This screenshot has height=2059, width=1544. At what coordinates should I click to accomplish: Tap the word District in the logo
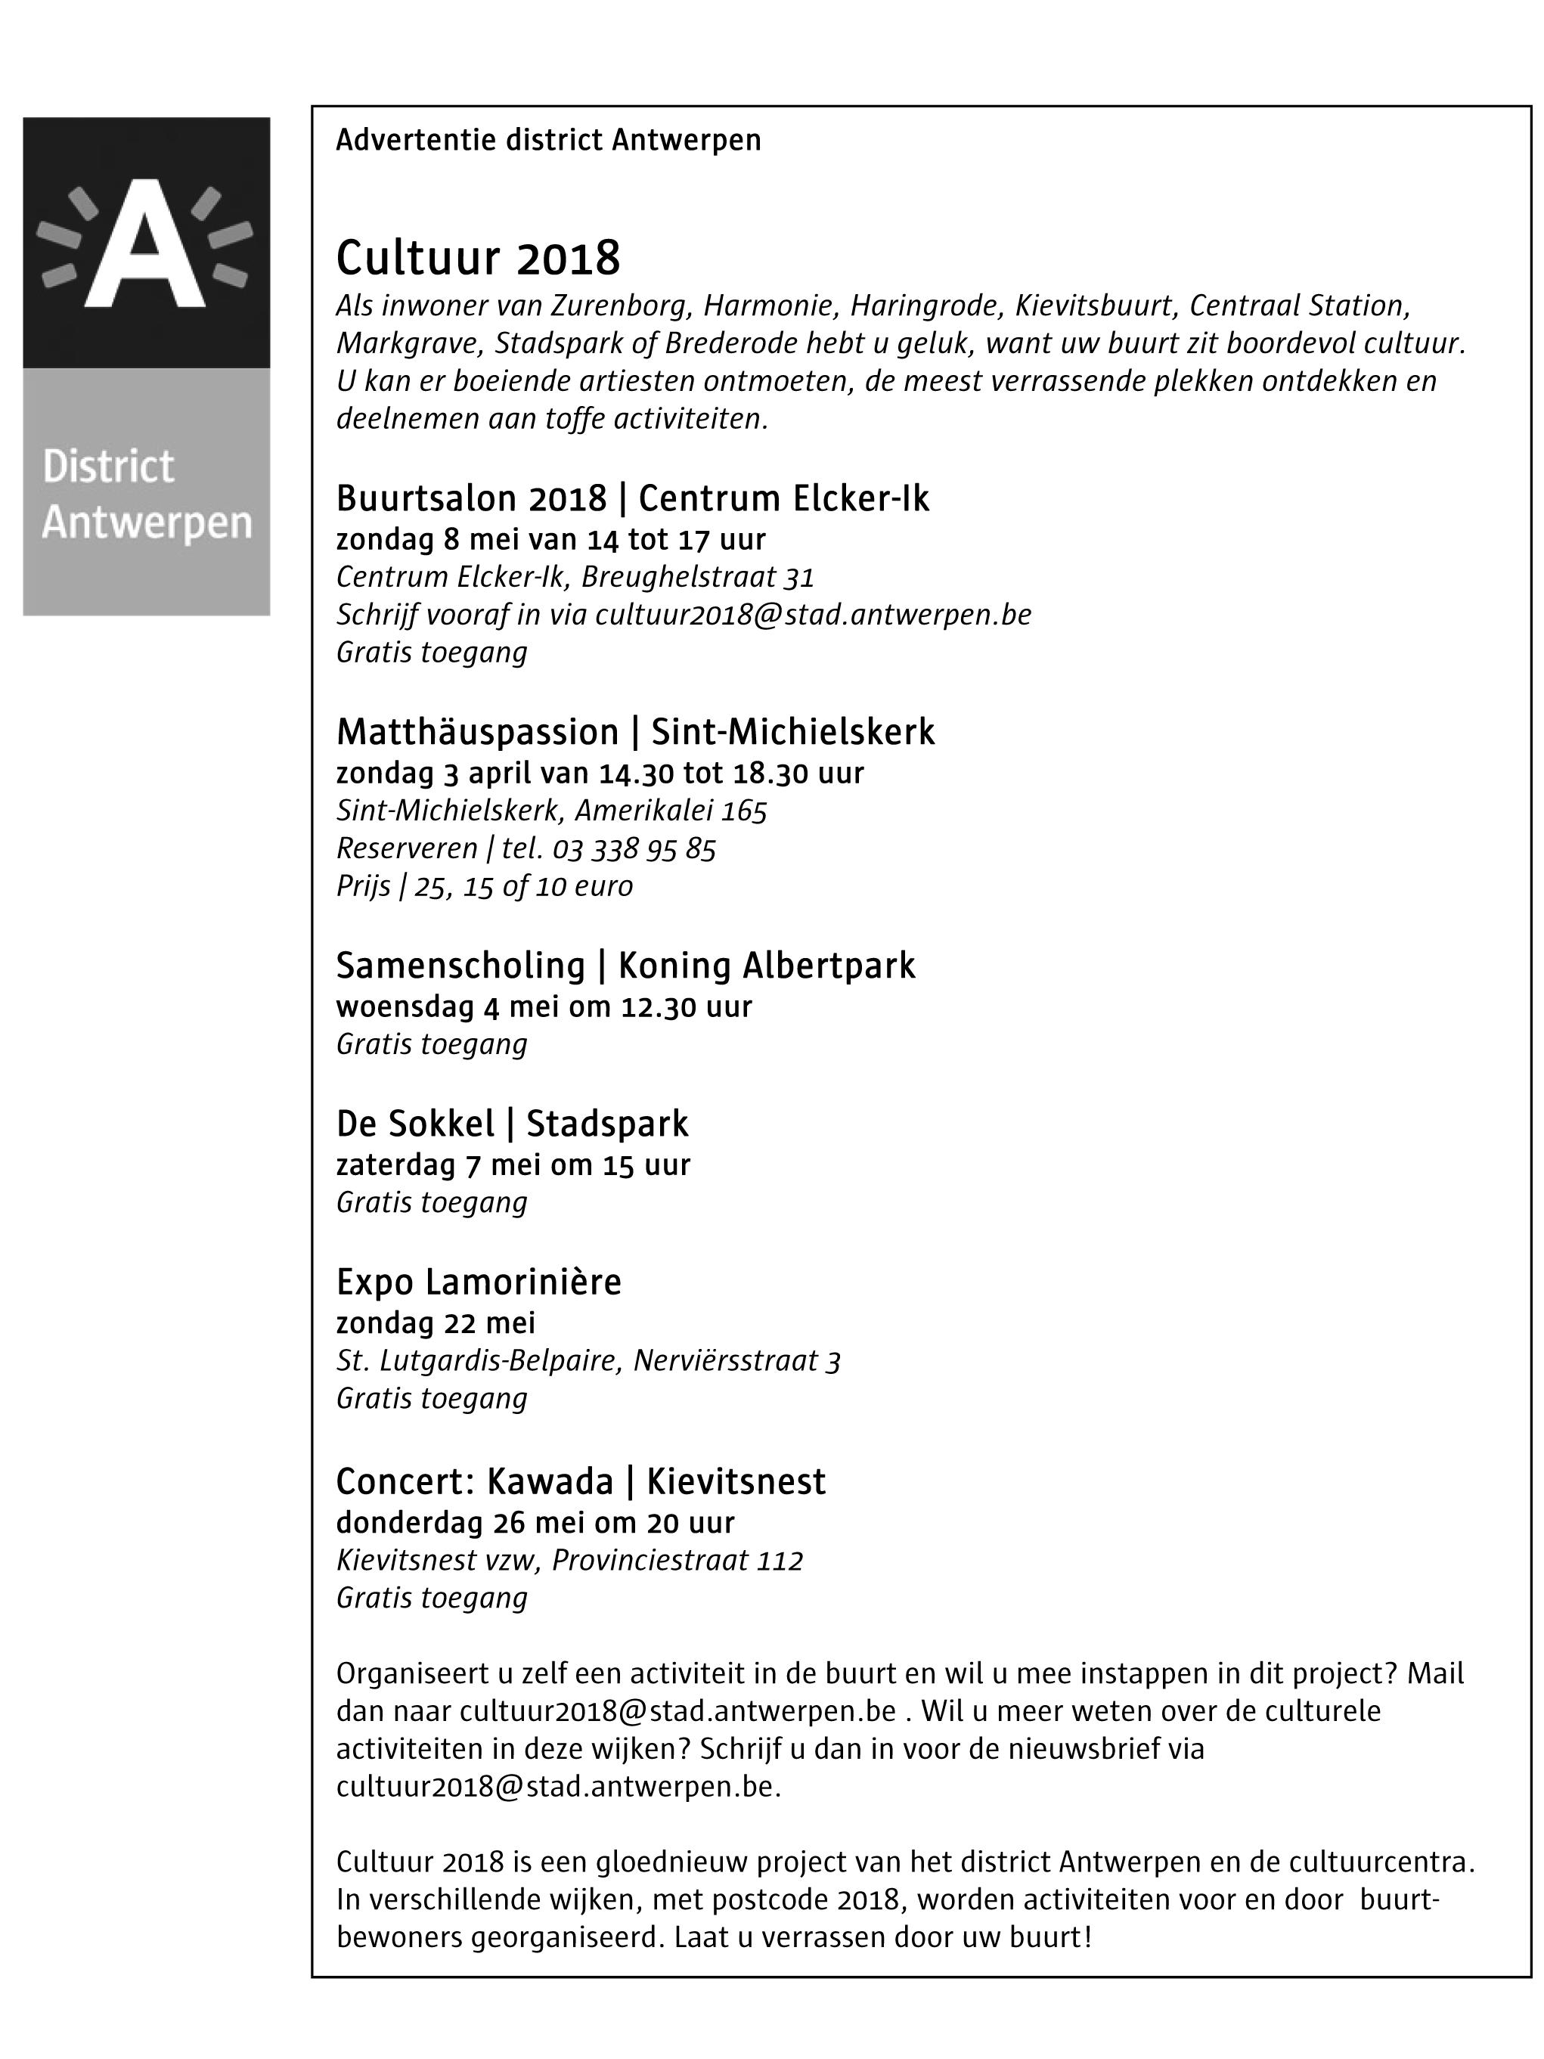click(108, 467)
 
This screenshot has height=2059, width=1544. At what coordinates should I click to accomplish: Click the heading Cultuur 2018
click(477, 258)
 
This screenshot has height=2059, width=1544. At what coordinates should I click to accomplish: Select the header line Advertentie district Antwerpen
click(547, 141)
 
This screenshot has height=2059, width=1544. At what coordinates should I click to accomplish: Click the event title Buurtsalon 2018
click(471, 499)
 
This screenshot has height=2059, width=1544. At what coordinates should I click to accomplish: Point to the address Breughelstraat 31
click(697, 577)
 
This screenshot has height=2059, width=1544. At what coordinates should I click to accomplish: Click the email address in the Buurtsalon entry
click(813, 616)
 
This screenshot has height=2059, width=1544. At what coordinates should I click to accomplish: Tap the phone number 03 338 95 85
click(634, 849)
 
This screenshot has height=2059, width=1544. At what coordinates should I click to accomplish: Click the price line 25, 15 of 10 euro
click(523, 886)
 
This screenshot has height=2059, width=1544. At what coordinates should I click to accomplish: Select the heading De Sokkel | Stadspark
click(512, 1124)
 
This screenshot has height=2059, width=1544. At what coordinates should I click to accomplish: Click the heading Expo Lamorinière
click(479, 1282)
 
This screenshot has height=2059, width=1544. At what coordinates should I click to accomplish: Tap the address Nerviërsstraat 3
click(736, 1362)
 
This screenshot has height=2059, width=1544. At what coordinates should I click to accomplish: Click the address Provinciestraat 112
click(677, 1560)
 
